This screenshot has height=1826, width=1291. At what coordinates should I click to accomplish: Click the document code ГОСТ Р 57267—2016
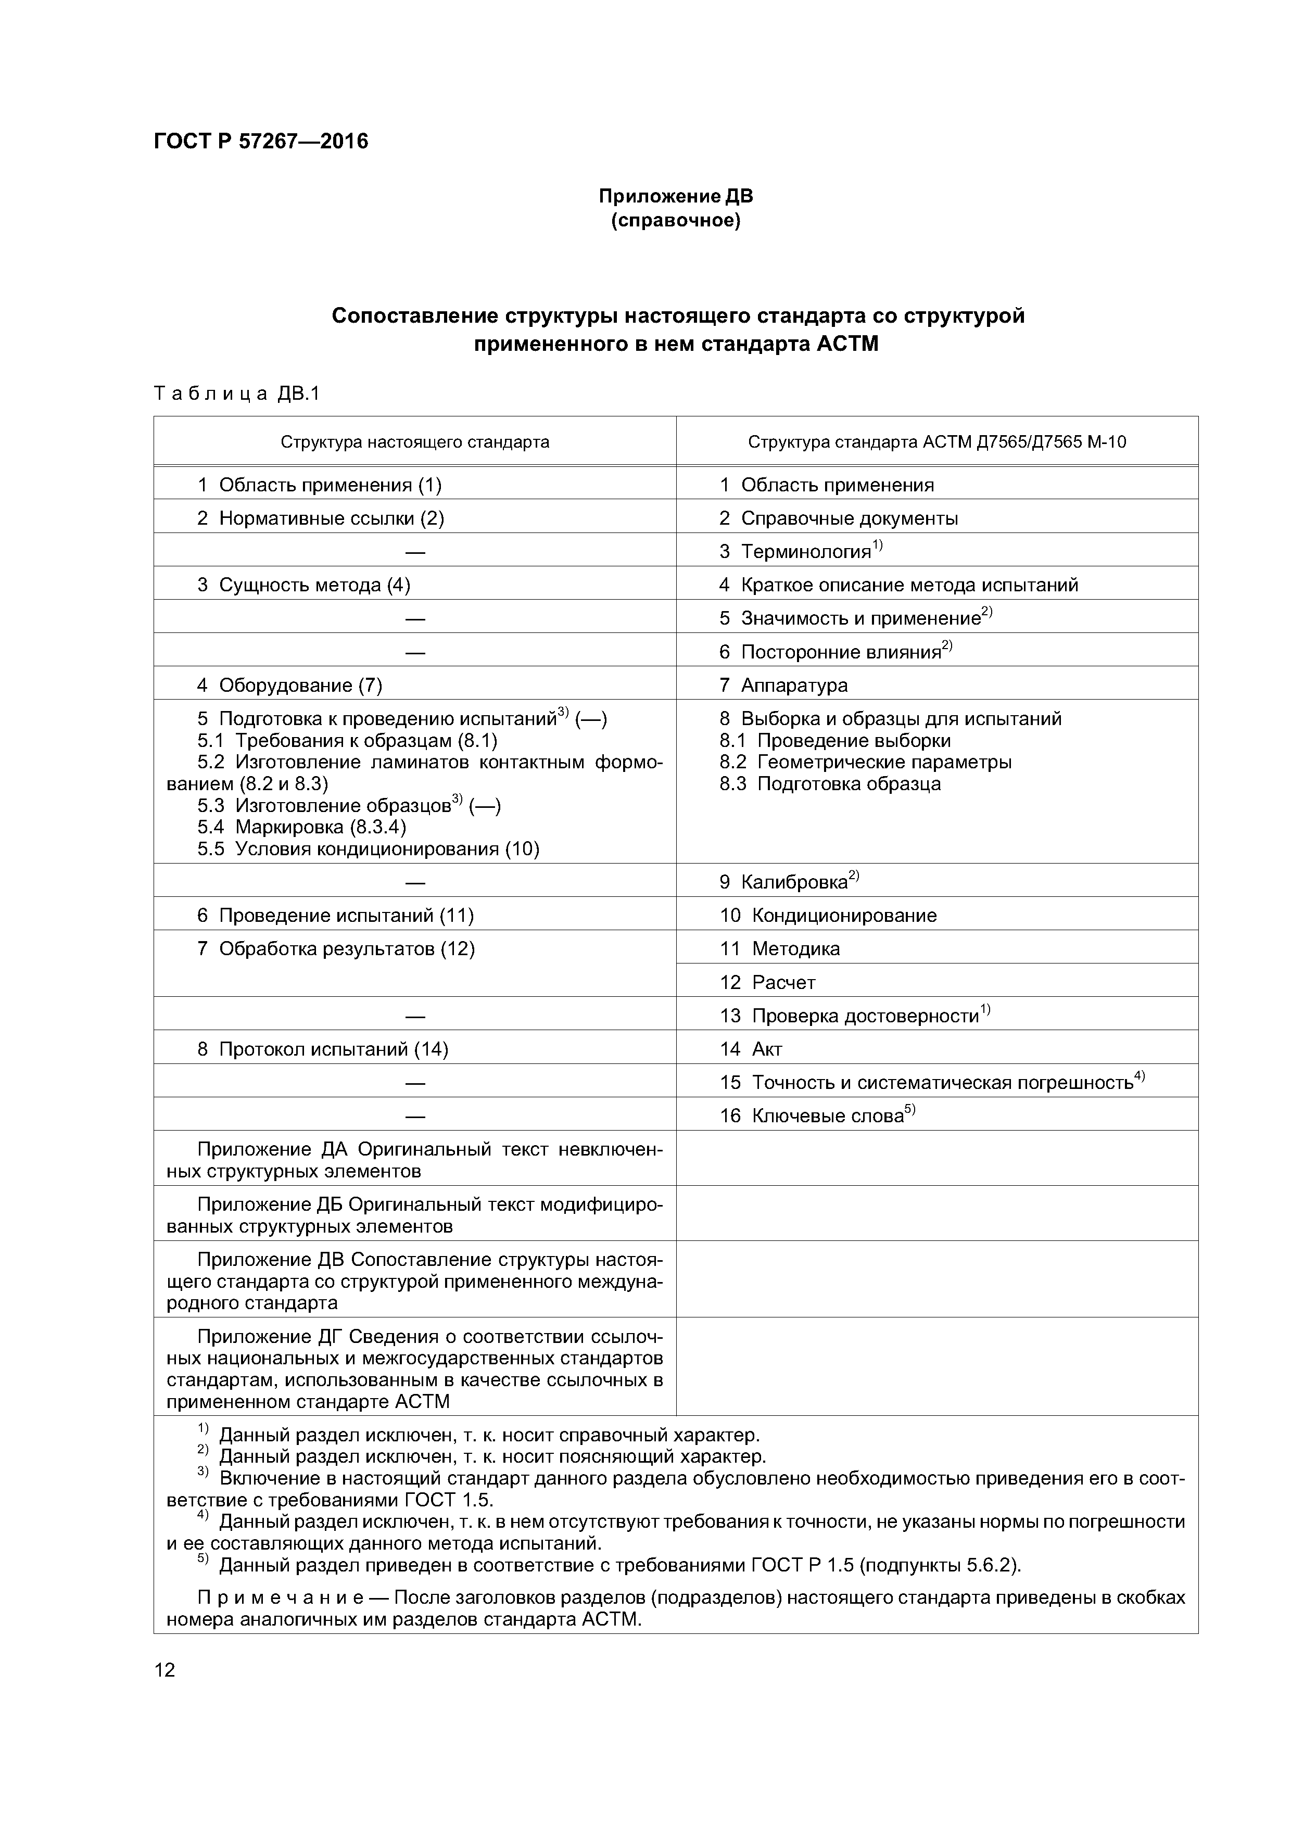coord(261,142)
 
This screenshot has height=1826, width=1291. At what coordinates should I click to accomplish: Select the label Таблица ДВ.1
coord(236,394)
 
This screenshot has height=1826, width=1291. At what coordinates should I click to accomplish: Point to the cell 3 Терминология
coord(800,551)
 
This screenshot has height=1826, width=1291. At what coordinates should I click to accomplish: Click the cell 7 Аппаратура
coord(783,685)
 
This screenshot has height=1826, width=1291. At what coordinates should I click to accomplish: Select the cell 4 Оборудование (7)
coord(289,685)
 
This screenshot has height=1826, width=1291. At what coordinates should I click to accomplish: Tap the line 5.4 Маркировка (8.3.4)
coord(301,827)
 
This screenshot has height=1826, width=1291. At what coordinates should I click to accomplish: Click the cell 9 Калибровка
coord(788,881)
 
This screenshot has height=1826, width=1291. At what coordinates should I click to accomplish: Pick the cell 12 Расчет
coord(768,982)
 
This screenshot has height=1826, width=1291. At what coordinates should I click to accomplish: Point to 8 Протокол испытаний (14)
coord(322,1049)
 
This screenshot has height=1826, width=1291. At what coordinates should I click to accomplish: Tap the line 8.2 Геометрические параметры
coord(865,762)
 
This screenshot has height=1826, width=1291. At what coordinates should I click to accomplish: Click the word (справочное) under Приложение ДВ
coord(675,220)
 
